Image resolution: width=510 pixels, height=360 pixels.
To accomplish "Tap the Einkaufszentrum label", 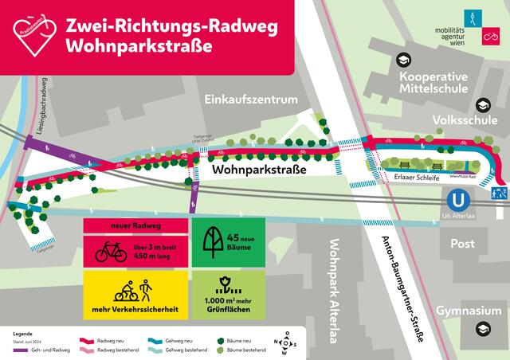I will point(250,100).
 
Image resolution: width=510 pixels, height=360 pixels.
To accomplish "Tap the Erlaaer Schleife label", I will point(406,178).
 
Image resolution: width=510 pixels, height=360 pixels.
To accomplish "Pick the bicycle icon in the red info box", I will point(112,254).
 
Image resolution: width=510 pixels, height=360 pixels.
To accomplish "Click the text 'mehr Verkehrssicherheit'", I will point(135,307).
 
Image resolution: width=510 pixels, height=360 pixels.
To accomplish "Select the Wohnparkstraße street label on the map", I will point(259,169).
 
